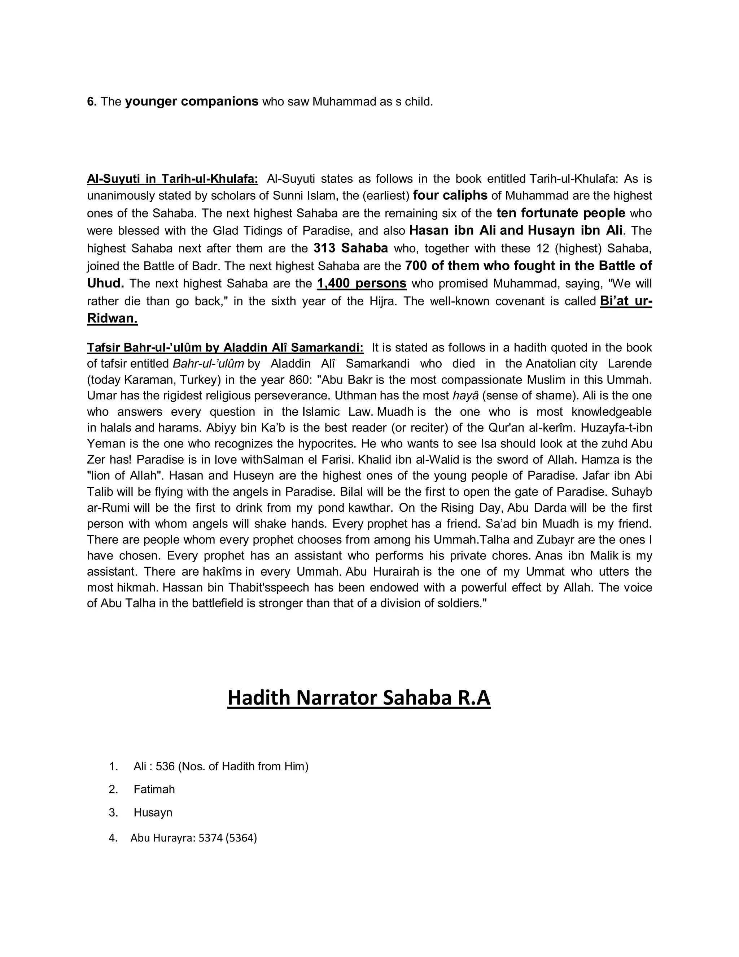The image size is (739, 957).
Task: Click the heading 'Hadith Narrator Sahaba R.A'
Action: coord(359,698)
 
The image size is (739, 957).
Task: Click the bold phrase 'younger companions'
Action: coord(192,102)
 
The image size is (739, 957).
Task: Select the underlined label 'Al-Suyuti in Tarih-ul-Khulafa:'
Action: coord(172,179)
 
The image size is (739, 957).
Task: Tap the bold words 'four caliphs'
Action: coord(450,195)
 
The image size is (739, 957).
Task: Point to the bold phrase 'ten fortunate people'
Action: coord(560,213)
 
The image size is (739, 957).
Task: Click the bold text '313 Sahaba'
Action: coord(350,248)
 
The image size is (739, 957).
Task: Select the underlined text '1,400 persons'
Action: coord(362,283)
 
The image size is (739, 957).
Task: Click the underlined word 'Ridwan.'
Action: coord(112,319)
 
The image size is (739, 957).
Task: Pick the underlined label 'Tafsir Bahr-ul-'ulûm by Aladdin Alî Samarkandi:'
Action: coord(225,347)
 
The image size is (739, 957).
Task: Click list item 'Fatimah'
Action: coord(154,789)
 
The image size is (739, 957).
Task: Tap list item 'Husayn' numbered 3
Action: coord(153,813)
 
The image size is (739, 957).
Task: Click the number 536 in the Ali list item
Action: coord(165,766)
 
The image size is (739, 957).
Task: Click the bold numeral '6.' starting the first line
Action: coord(92,102)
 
